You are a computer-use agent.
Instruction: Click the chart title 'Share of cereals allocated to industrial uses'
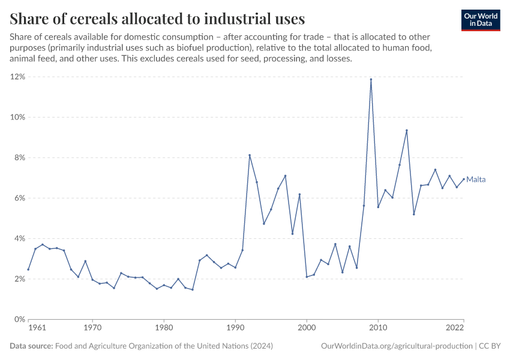point(157,18)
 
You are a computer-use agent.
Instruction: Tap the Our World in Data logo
point(480,20)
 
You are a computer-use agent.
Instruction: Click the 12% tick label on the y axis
point(16,77)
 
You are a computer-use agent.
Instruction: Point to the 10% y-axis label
point(16,117)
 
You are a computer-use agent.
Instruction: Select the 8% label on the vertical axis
point(18,158)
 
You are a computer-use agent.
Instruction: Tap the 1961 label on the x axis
point(37,329)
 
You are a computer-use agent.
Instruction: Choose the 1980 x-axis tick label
point(164,329)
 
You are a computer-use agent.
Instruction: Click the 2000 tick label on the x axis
point(307,329)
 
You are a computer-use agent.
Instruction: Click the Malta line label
point(476,179)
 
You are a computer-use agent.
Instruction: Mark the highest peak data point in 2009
point(371,79)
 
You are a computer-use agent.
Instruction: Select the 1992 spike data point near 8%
point(250,155)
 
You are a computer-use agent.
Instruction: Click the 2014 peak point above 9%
point(407,130)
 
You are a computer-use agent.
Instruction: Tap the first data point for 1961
point(28,269)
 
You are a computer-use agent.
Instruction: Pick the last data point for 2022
point(464,178)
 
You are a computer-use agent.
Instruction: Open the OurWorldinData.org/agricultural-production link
point(396,346)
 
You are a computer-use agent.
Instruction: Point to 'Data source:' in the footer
point(31,346)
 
